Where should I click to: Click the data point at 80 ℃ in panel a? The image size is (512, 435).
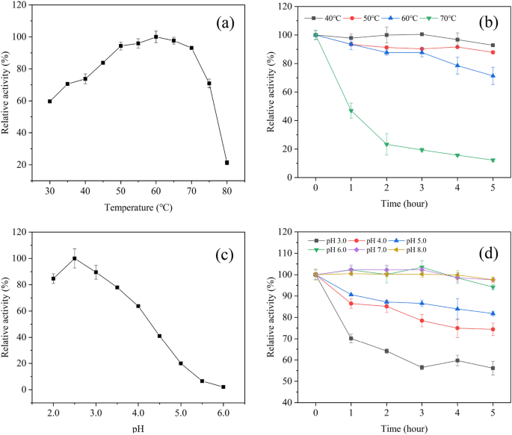coord(226,163)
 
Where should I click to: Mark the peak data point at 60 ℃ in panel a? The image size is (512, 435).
coord(156,37)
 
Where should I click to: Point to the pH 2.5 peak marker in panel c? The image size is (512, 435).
coord(75,258)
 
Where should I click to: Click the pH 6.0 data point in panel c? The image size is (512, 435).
coord(223,387)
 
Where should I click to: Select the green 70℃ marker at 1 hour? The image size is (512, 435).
coord(351,110)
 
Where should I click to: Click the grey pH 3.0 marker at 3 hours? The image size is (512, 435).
coord(422,367)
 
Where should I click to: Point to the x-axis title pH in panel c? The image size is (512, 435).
coord(138,428)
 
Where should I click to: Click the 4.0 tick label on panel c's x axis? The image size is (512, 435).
coord(138,413)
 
